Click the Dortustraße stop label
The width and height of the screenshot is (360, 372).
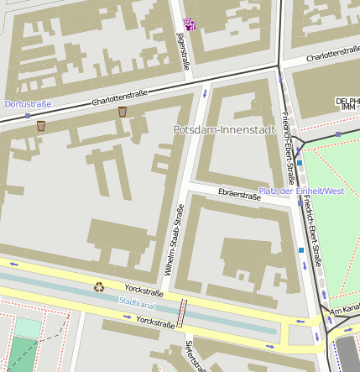[28, 104]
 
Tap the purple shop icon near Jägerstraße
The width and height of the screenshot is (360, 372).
[190, 24]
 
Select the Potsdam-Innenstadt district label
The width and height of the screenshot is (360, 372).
[223, 130]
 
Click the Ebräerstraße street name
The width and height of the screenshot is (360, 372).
[239, 194]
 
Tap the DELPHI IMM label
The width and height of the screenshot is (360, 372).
[347, 103]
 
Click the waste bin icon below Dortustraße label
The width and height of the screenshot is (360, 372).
[40, 126]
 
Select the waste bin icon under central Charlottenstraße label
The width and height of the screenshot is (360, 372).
[123, 112]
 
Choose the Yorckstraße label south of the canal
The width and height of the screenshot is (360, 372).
[154, 321]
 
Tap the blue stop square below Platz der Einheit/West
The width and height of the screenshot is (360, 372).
[301, 250]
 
